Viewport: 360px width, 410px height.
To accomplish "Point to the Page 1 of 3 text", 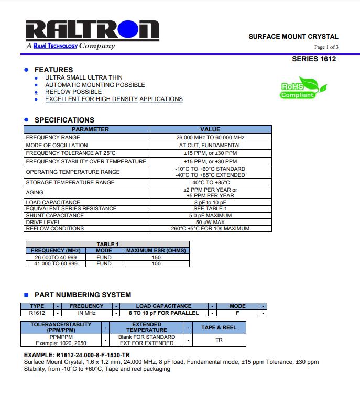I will click(326, 47).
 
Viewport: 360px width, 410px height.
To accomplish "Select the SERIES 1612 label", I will click(314, 59).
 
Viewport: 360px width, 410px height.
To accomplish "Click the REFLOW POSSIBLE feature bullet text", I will click(73, 92).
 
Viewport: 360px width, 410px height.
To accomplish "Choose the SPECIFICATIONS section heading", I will click(64, 120).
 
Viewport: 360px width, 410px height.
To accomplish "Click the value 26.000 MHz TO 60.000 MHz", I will click(210, 137).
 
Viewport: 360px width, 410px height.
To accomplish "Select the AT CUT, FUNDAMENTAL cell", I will click(210, 145).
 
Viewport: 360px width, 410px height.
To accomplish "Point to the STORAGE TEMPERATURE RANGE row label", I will click(70, 182).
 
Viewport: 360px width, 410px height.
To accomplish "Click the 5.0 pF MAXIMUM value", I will click(210, 215).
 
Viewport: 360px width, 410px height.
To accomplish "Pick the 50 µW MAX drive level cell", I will click(210, 222).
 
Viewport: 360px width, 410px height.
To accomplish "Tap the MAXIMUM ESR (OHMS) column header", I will click(156, 250).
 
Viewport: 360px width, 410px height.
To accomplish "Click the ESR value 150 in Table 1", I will click(156, 257).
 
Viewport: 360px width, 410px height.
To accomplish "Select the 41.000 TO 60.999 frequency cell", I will click(56, 264).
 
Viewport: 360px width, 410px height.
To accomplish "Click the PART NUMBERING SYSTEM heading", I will click(83, 295).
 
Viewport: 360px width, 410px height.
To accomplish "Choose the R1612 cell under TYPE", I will click(37, 313).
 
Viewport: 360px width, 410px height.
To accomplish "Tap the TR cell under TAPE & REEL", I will click(219, 340).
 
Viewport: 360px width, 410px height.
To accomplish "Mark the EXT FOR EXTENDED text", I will click(147, 343).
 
